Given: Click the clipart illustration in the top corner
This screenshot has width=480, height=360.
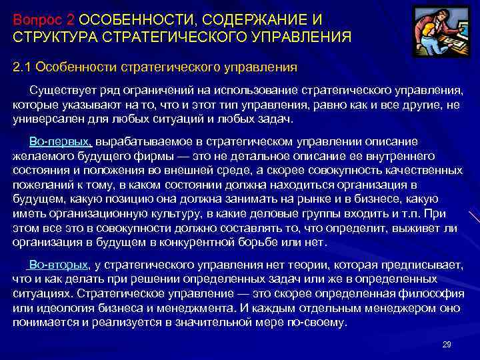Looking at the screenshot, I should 440,32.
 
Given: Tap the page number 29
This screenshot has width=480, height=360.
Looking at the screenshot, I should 447,344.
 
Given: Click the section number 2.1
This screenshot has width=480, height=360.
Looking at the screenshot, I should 22,67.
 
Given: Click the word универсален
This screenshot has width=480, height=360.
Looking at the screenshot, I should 46,119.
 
